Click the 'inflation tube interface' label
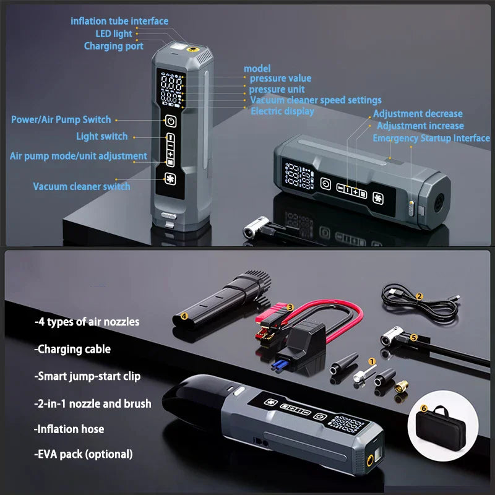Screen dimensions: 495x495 click(119, 21)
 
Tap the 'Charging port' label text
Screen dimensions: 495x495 click(114, 46)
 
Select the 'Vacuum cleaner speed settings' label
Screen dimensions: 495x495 click(316, 100)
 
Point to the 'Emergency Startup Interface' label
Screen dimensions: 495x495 click(431, 138)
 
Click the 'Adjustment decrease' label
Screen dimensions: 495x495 click(418, 114)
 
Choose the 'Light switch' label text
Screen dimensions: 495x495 click(102, 136)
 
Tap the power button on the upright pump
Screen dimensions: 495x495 click(170, 121)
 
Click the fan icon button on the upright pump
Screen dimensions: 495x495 click(170, 180)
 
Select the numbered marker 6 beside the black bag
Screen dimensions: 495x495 click(423, 408)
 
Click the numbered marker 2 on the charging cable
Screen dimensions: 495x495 click(419, 296)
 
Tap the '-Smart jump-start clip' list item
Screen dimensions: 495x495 click(87, 376)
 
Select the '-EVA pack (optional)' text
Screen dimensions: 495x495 click(84, 454)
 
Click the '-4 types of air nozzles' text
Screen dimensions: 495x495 click(87, 322)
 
